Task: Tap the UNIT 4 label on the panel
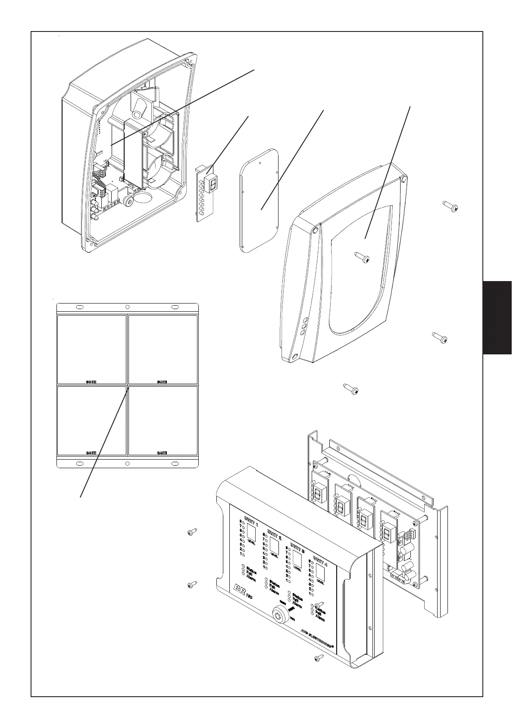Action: coord(320,561)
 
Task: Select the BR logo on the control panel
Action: coord(240,590)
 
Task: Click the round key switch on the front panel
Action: coord(279,614)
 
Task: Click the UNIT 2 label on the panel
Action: coord(274,535)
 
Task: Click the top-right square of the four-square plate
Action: coord(163,349)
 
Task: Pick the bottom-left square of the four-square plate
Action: coord(92,420)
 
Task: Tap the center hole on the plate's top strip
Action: coord(127,307)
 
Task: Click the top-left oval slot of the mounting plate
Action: coord(80,307)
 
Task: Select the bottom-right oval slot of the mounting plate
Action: coord(175,463)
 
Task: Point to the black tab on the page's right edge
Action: coord(497,317)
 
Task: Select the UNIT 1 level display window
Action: coord(252,535)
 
